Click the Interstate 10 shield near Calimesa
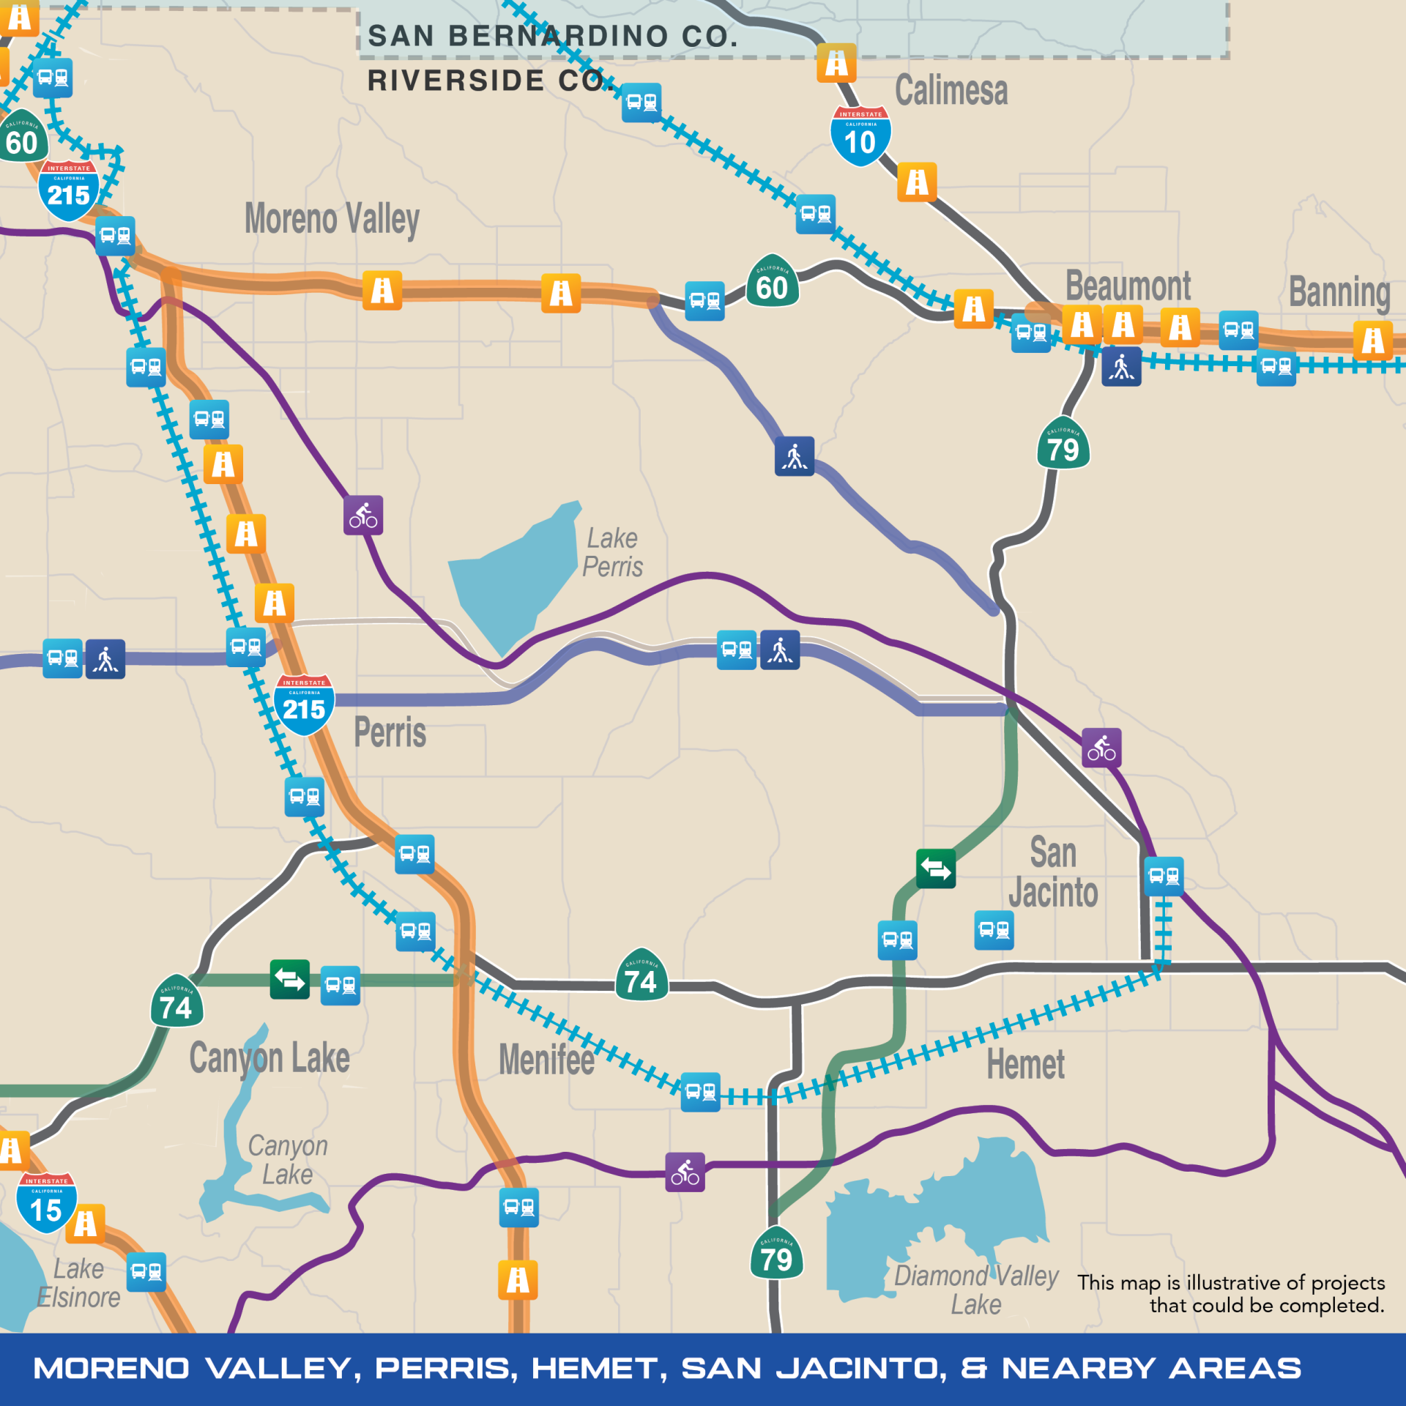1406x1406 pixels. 860,136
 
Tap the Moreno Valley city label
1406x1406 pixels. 332,219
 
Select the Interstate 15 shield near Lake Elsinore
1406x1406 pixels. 46,1204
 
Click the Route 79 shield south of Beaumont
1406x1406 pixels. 1063,444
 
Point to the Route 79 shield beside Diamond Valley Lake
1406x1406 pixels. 776,1254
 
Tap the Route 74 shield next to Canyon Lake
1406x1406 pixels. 176,1002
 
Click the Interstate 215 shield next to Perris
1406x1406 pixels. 304,704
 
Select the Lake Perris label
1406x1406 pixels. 613,552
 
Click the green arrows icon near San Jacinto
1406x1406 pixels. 935,868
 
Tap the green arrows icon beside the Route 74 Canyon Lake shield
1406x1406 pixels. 290,979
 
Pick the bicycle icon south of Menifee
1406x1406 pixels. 685,1172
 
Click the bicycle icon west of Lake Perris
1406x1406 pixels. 363,516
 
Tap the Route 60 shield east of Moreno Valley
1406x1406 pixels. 773,282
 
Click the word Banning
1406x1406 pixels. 1339,292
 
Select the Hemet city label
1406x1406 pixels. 1025,1064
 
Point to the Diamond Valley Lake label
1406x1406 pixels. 976,1290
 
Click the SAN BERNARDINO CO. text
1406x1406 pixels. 553,36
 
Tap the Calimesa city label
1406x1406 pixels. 951,91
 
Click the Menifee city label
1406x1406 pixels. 546,1060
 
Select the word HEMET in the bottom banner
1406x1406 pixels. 599,1368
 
